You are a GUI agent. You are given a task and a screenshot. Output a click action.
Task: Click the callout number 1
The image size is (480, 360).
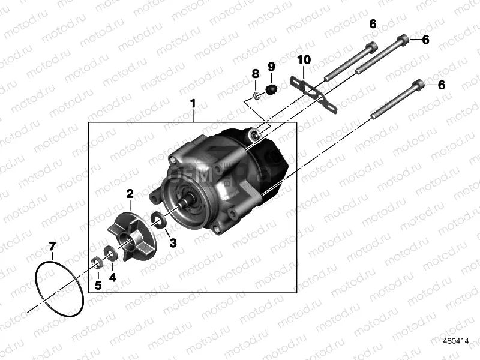coord(193,104)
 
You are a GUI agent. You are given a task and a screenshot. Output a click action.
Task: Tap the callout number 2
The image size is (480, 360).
coord(129,193)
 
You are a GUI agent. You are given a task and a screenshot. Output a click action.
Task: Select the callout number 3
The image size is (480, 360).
coord(173,242)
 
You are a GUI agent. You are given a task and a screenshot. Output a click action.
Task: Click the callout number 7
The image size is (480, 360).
coord(52,246)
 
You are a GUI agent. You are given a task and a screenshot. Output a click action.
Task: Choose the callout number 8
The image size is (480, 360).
coord(256,73)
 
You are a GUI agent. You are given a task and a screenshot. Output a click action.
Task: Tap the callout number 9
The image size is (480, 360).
coord(271,66)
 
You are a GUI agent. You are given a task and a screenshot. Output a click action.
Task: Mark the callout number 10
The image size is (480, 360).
coord(304,59)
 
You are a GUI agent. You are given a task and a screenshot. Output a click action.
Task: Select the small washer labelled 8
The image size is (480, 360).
coord(256,94)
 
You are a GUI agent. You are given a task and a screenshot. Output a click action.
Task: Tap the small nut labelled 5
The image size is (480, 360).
coord(96,262)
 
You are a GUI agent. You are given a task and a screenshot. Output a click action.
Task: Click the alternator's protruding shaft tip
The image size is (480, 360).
coord(181,206)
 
